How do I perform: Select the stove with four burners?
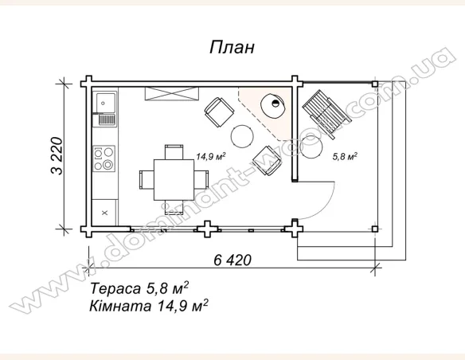click(x=104, y=158)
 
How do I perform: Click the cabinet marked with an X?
click(x=105, y=212)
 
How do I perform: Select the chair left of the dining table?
click(x=144, y=178)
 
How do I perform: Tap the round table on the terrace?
click(x=313, y=147)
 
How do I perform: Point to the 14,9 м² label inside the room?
click(x=210, y=156)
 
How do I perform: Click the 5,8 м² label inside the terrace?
click(x=344, y=156)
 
